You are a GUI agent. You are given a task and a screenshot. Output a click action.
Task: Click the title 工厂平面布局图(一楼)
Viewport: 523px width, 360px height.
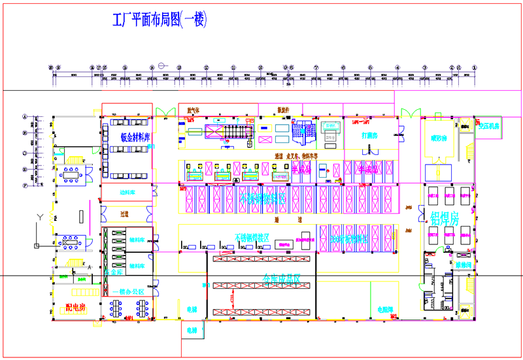click(x=160, y=20)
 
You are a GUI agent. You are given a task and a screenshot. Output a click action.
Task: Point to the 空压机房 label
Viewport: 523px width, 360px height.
click(x=488, y=125)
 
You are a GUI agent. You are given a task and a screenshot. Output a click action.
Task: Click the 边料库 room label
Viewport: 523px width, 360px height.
click(x=127, y=193)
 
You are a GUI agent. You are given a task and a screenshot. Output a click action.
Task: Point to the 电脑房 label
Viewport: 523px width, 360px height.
click(x=385, y=308)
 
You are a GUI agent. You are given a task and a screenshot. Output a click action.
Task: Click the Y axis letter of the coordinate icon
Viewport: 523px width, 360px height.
click(x=41, y=216)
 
